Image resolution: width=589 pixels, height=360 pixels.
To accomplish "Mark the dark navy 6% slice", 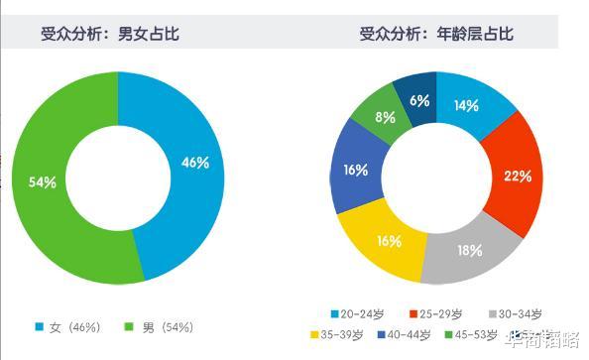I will [418, 100].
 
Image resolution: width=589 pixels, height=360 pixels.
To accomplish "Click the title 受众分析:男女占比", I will [109, 35].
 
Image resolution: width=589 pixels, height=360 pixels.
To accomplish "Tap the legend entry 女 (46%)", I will [69, 326].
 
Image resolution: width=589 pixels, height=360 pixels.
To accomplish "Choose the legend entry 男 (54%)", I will [159, 326].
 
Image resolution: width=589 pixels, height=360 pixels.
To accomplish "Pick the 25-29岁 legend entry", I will [436, 314].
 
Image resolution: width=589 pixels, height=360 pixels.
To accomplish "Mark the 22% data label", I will [518, 177].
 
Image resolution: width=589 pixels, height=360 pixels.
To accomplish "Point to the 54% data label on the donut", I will [41, 181].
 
